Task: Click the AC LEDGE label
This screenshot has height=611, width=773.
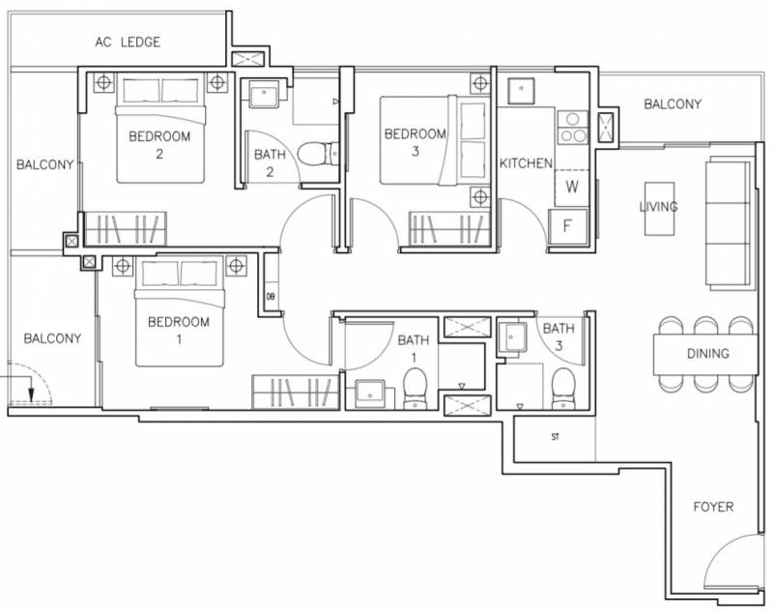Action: pyautogui.click(x=128, y=42)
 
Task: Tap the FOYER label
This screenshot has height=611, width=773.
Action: pyautogui.click(x=713, y=507)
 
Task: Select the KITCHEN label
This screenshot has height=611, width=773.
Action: pyautogui.click(x=526, y=163)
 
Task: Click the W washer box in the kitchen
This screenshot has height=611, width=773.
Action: pyautogui.click(x=572, y=188)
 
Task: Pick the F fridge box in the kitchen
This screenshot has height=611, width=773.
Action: pyautogui.click(x=568, y=226)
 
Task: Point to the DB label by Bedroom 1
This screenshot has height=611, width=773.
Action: pyautogui.click(x=271, y=297)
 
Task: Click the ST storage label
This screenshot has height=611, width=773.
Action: pyautogui.click(x=555, y=437)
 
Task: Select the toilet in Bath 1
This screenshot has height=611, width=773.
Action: pyautogui.click(x=415, y=389)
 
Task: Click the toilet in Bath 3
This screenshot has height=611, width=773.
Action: pyautogui.click(x=563, y=389)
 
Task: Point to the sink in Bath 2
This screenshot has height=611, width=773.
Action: pyautogui.click(x=265, y=93)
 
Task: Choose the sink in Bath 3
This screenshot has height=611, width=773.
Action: pyautogui.click(x=512, y=336)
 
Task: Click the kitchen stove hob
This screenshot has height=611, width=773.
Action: pyautogui.click(x=573, y=128)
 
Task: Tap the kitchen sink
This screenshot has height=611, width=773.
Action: pyautogui.click(x=521, y=90)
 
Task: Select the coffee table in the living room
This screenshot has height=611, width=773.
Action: pyautogui.click(x=660, y=209)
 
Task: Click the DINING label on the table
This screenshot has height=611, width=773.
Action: pyautogui.click(x=708, y=354)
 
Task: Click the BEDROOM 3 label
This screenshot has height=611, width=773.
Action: pyautogui.click(x=415, y=142)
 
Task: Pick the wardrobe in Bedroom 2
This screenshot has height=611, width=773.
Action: pyautogui.click(x=126, y=229)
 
